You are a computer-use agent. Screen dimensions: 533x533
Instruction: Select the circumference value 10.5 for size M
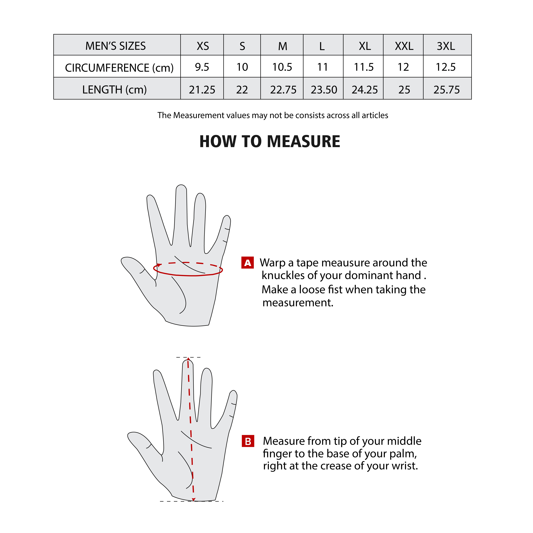282,67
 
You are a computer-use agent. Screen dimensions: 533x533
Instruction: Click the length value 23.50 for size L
324,90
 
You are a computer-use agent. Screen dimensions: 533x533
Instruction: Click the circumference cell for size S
242,67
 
